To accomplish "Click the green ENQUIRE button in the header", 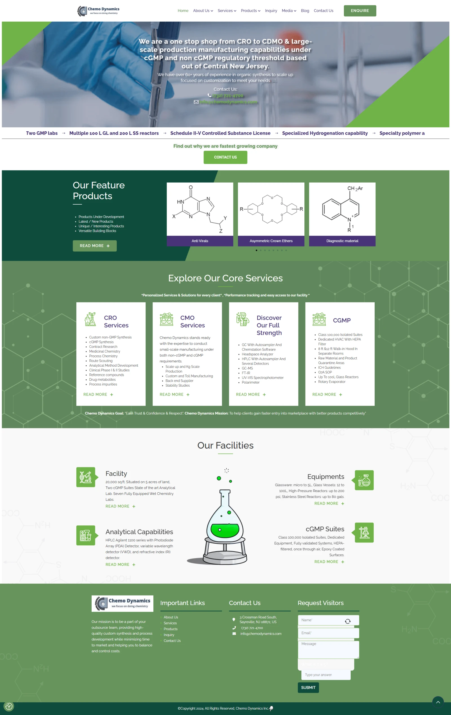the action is [360, 11].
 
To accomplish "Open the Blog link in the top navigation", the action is [305, 11].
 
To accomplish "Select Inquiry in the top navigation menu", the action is [271, 11].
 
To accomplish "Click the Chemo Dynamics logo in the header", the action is [98, 11].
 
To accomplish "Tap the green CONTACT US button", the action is [225, 157].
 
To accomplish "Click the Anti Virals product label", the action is [200, 241].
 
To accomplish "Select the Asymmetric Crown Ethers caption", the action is [271, 241].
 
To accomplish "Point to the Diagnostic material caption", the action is [342, 241].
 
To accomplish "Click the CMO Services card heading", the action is [193, 321].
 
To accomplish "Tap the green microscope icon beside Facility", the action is [85, 477].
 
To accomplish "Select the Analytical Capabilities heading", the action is [139, 532].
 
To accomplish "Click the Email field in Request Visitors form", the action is [328, 633].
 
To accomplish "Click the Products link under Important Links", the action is [171, 629].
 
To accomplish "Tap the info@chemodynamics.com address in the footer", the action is [261, 634].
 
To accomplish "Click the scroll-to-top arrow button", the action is [438, 702].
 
